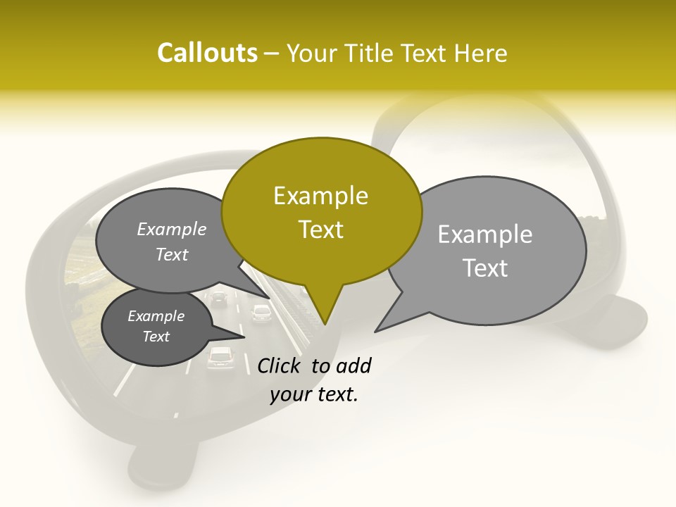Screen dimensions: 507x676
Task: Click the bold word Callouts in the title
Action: click(x=207, y=53)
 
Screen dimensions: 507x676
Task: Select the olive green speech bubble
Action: click(x=321, y=211)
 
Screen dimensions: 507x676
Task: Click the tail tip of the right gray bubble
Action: click(x=376, y=330)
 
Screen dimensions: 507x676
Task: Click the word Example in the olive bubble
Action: click(x=321, y=196)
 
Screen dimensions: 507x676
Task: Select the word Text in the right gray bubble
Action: click(x=486, y=268)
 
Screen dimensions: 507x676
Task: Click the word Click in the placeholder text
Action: click(x=281, y=365)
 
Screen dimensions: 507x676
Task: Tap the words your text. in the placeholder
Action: click(x=314, y=394)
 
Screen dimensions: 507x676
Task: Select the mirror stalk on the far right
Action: click(x=624, y=317)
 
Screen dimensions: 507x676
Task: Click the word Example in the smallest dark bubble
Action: click(x=156, y=316)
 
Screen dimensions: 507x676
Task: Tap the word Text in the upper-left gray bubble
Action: click(x=172, y=255)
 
